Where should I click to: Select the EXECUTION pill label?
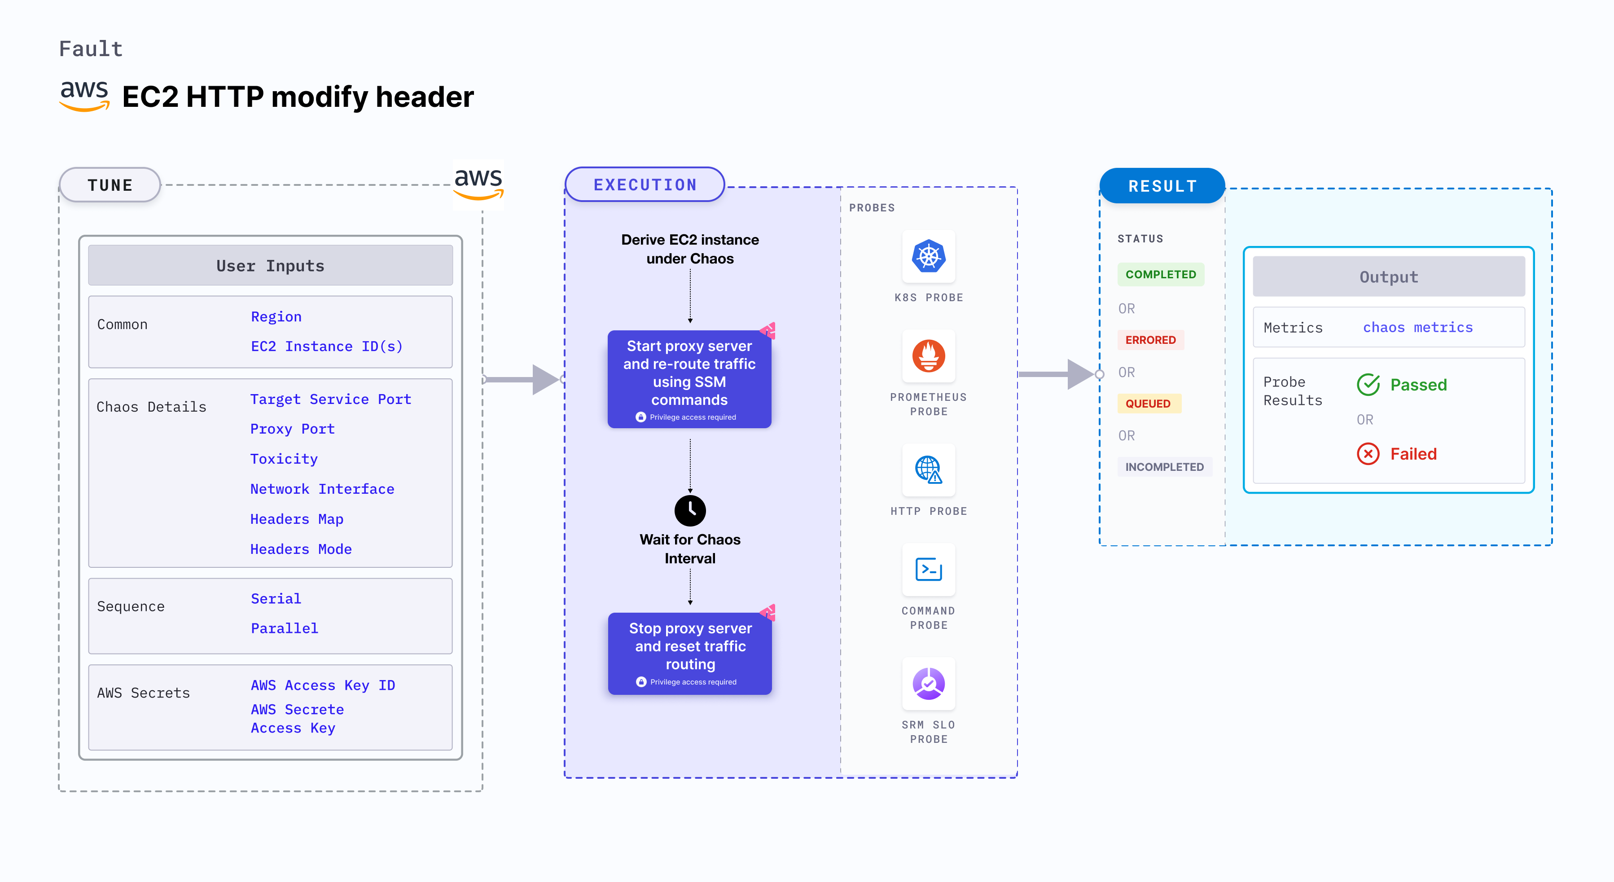[645, 185]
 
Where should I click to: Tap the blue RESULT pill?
[1162, 186]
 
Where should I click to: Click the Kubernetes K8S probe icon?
[929, 256]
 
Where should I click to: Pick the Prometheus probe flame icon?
[929, 356]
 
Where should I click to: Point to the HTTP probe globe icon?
[929, 469]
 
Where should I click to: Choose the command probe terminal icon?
[929, 570]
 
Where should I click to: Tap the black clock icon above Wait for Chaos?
[690, 510]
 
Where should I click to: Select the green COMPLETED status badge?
[1160, 274]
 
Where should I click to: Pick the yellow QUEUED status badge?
[1148, 404]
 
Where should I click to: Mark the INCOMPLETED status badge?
[1164, 467]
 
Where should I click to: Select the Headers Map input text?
[296, 519]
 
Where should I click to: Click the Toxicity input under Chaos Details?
[284, 459]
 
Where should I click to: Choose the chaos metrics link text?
[1418, 327]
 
